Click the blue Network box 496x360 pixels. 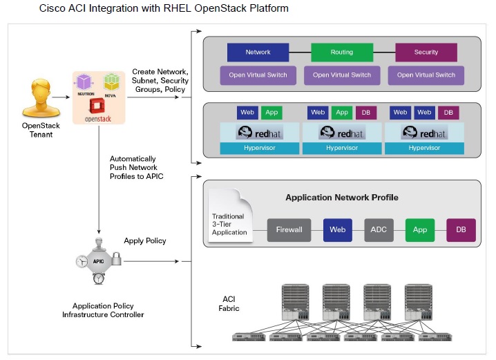tap(258, 53)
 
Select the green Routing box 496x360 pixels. tap(341, 53)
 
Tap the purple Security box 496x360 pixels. tap(426, 53)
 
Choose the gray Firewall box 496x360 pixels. tap(289, 229)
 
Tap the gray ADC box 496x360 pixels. tap(379, 229)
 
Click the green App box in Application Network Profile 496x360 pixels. tap(419, 229)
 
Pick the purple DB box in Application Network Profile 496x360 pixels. tap(461, 229)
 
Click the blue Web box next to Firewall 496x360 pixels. tap(337, 229)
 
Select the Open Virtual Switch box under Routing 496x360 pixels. tap(341, 75)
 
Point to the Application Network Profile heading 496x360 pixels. tap(341, 198)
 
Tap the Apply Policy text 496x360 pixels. tap(146, 241)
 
